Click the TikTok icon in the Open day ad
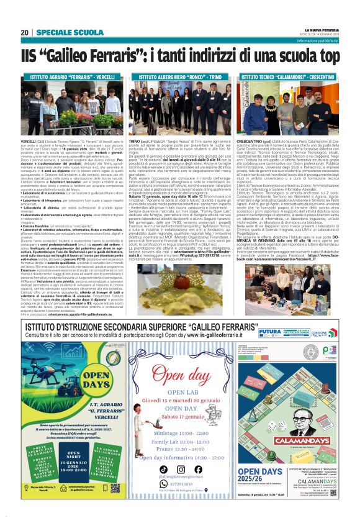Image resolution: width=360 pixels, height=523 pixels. click(x=164, y=469)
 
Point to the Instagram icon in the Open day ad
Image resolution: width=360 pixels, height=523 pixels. click(x=181, y=469)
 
